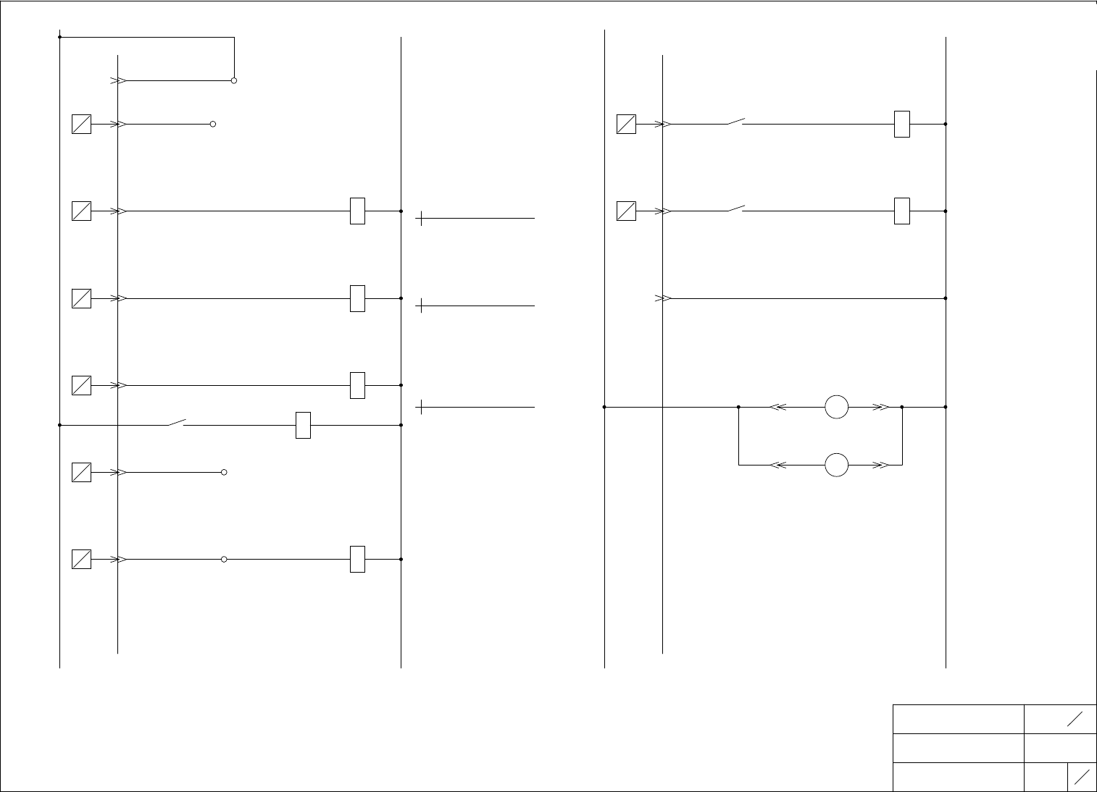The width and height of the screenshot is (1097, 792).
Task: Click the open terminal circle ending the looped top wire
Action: click(x=234, y=80)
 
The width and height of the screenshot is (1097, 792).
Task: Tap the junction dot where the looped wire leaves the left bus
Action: click(x=59, y=37)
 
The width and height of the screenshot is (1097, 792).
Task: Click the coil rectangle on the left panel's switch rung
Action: click(x=304, y=425)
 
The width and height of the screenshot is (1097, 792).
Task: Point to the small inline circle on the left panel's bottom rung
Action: click(x=224, y=560)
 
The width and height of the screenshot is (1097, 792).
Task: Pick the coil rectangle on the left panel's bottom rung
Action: click(x=357, y=560)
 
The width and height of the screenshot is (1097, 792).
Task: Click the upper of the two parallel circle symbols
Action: click(x=837, y=407)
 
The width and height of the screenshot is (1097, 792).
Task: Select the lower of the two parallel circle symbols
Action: click(x=837, y=465)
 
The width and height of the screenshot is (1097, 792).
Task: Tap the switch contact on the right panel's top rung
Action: click(x=736, y=122)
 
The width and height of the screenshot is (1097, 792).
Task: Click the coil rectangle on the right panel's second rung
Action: click(x=902, y=211)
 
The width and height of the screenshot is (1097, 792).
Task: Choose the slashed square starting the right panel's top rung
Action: click(x=626, y=124)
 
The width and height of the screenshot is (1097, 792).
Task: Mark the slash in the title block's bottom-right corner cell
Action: click(x=1083, y=777)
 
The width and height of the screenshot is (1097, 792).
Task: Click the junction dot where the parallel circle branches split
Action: click(x=738, y=407)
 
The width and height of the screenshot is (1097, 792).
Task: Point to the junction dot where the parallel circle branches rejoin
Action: click(x=902, y=407)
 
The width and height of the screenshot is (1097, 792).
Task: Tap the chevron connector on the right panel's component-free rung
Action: click(x=662, y=298)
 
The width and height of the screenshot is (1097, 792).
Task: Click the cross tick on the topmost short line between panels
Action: click(x=421, y=218)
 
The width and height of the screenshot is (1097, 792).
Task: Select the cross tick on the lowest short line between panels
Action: click(x=421, y=408)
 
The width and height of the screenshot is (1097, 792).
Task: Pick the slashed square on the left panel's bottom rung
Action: click(x=82, y=560)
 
